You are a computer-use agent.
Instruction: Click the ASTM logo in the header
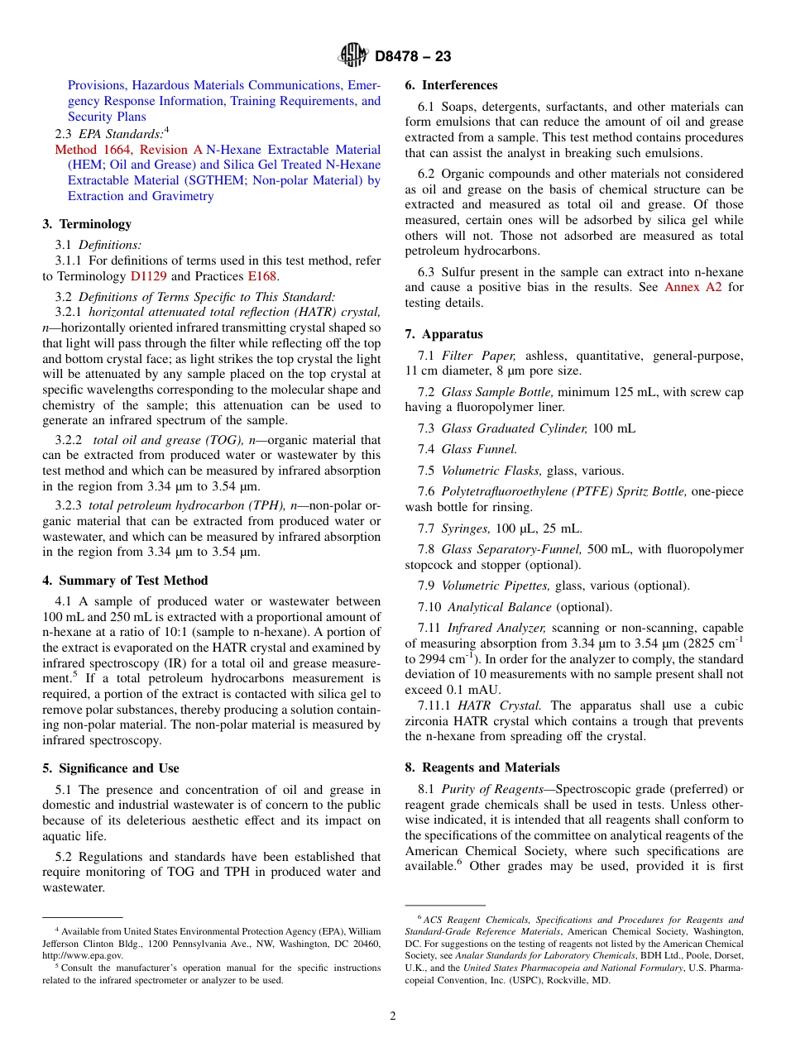tap(353, 55)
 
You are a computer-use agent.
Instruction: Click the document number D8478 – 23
tap(413, 56)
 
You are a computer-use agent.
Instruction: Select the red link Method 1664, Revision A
tap(128, 150)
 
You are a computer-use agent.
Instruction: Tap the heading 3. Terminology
tap(87, 224)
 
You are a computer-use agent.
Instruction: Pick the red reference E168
tap(263, 276)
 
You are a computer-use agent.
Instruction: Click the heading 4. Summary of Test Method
tap(125, 581)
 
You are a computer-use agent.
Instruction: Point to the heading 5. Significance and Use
tap(111, 768)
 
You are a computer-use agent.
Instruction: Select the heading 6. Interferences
tap(451, 85)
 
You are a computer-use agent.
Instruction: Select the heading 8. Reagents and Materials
tap(482, 767)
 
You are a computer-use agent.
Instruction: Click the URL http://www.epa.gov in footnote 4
tap(83, 955)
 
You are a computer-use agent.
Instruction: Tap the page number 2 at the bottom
tap(393, 1016)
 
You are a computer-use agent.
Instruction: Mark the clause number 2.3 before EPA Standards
tap(64, 133)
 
